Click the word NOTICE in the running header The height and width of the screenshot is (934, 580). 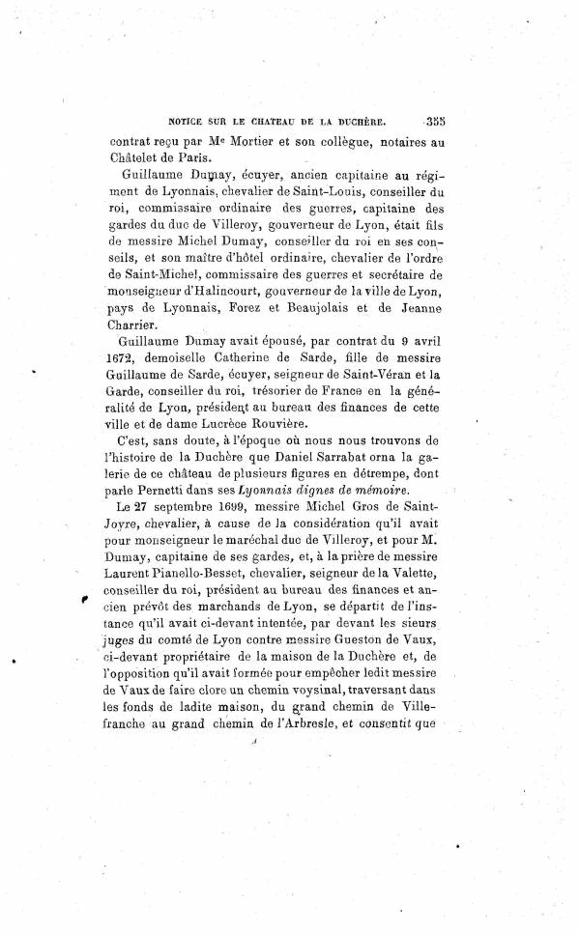click(189, 123)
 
